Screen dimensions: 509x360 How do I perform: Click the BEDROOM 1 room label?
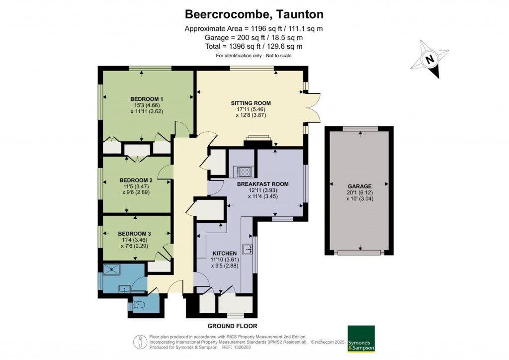tap(147, 99)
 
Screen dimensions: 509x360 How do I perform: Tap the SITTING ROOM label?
tap(251, 103)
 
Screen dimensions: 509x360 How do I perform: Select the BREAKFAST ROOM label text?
tap(262, 184)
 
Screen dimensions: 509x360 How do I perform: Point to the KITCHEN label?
tap(224, 253)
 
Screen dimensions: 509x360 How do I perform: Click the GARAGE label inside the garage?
tap(360, 186)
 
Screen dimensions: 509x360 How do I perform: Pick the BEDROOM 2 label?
tap(136, 180)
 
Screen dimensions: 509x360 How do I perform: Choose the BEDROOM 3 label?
tap(134, 234)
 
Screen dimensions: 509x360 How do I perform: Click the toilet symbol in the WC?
tap(139, 305)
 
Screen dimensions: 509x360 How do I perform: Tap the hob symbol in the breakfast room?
tap(244, 172)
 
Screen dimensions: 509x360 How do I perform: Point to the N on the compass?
tap(430, 59)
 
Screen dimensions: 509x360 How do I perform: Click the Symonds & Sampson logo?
tap(361, 339)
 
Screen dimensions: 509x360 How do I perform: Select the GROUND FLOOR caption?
tap(233, 326)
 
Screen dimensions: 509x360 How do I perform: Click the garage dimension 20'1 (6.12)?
tap(360, 192)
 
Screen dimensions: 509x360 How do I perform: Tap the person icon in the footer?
tap(140, 342)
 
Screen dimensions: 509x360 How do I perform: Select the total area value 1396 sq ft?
tap(239, 46)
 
